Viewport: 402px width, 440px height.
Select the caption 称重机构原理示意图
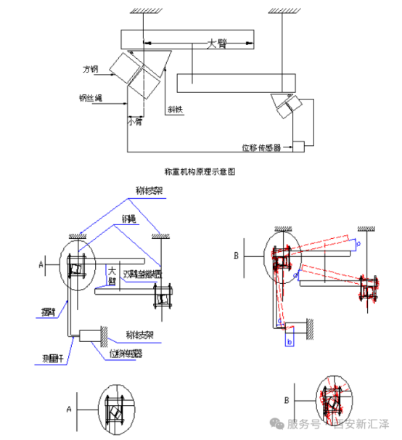[202, 172]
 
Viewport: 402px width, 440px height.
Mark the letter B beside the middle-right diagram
[237, 255]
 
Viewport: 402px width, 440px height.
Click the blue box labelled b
[290, 340]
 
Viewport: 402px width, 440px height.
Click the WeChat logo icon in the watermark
[276, 424]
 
